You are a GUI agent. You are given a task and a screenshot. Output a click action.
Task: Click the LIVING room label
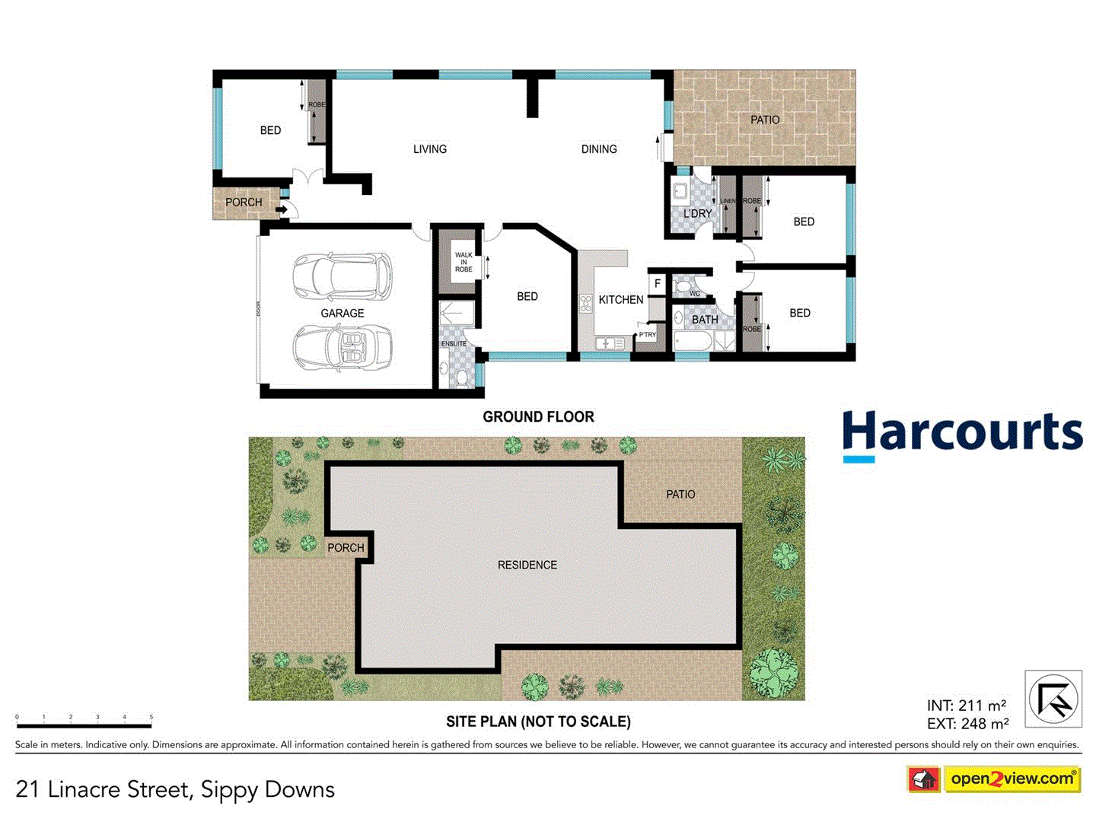(430, 149)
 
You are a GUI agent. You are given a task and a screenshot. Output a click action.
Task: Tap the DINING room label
(599, 149)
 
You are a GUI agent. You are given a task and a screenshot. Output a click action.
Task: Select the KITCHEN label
(621, 300)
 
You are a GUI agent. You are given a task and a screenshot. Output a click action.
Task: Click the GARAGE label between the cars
(342, 314)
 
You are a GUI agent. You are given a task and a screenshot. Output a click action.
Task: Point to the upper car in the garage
(342, 276)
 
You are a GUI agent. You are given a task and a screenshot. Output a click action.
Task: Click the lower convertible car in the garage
(342, 348)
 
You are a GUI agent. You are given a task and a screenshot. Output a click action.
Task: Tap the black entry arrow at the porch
(281, 210)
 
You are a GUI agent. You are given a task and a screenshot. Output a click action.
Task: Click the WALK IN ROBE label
(464, 263)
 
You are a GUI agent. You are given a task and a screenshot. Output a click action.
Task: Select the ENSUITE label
(454, 344)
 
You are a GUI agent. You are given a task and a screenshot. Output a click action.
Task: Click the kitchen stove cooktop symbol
(586, 304)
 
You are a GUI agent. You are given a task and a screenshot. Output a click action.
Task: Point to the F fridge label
(658, 284)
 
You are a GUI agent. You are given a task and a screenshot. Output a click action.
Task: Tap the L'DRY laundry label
(697, 214)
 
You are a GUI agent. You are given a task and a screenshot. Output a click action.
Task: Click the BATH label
(705, 320)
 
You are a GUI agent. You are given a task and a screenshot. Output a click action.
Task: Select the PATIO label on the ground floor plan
(765, 120)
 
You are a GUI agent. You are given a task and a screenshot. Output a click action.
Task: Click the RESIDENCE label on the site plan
(527, 565)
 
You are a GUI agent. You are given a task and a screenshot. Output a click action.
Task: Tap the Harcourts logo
(962, 435)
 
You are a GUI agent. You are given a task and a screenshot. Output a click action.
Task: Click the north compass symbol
(1053, 699)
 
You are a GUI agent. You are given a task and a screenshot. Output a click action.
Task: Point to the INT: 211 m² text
(967, 706)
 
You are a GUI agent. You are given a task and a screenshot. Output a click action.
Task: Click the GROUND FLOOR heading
(538, 417)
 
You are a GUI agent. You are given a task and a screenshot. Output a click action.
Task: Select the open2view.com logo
(1012, 779)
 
